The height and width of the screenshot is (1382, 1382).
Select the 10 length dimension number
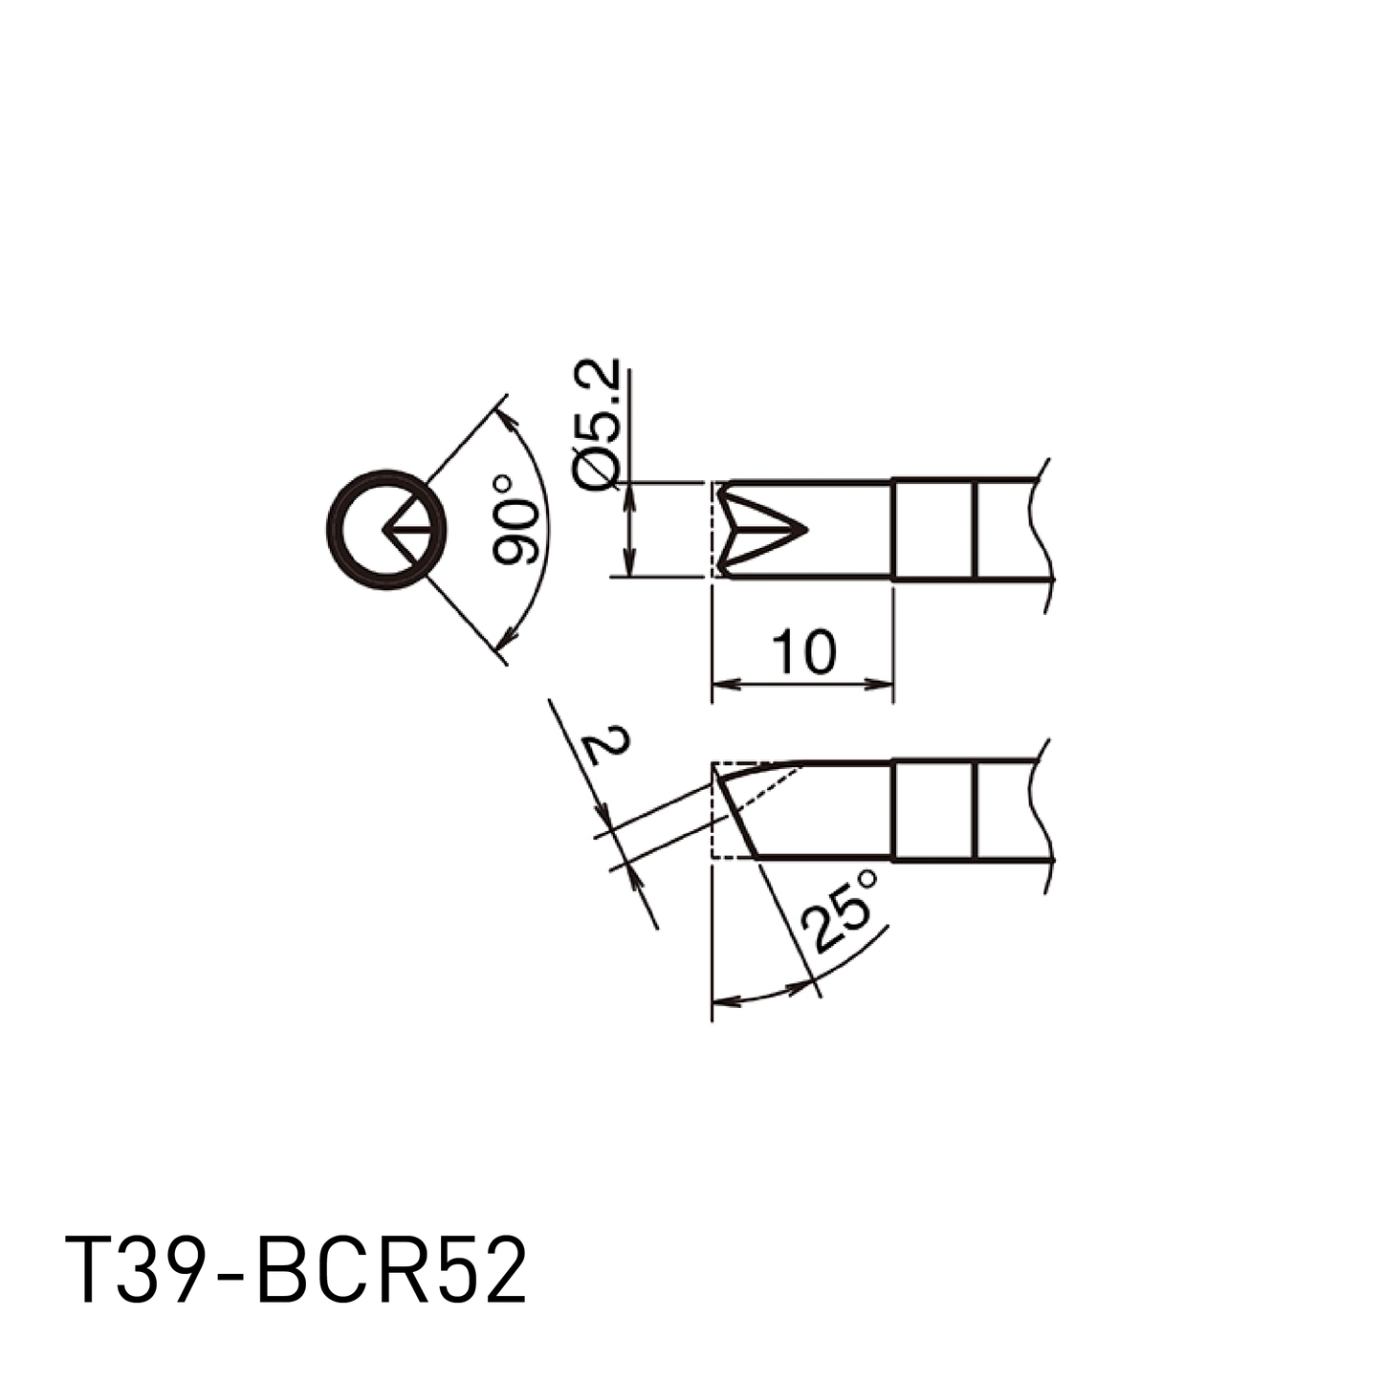[x=803, y=653]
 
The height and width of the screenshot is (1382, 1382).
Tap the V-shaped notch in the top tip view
[x=760, y=529]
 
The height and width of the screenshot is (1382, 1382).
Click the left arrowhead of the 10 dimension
[x=726, y=684]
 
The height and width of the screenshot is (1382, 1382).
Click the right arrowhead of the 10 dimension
[x=879, y=684]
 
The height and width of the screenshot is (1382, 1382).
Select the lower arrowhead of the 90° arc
[x=508, y=635]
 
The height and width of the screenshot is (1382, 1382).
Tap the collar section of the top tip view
[x=933, y=530]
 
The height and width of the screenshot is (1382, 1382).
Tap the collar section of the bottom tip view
[x=933, y=810]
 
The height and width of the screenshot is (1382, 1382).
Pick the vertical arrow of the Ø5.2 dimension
[x=628, y=529]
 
